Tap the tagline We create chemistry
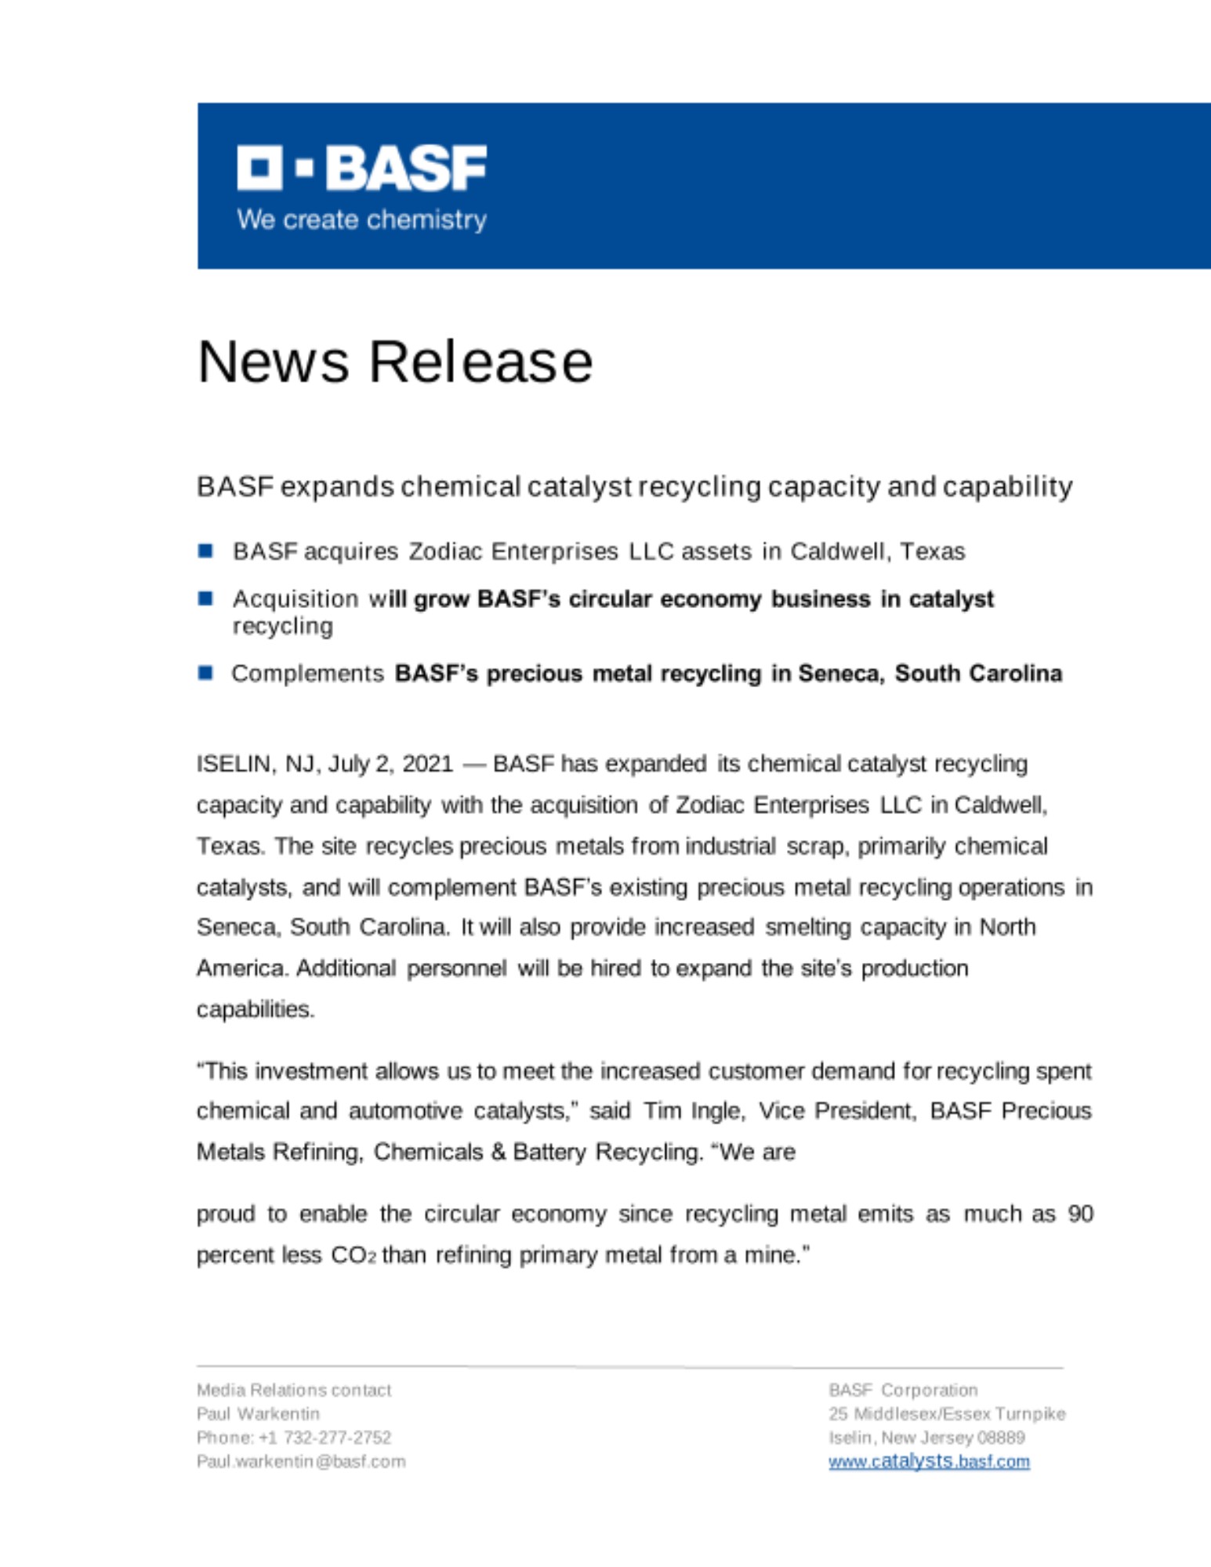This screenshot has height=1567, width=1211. click(x=361, y=219)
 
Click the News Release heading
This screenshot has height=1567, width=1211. click(x=395, y=361)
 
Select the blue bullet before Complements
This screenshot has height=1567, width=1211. click(x=205, y=673)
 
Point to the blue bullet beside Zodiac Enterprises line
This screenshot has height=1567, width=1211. click(x=205, y=551)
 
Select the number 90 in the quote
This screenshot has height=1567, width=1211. click(x=1080, y=1214)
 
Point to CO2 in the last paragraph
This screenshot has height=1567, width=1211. click(x=353, y=1255)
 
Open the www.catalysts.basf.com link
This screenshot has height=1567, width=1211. click(x=929, y=1461)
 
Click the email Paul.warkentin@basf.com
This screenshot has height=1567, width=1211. click(x=301, y=1461)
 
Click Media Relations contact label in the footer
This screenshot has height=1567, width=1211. click(x=293, y=1390)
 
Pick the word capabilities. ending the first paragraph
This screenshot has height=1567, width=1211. click(x=255, y=1009)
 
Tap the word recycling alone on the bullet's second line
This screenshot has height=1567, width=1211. click(x=282, y=626)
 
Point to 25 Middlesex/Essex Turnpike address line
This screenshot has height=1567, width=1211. click(x=947, y=1413)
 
